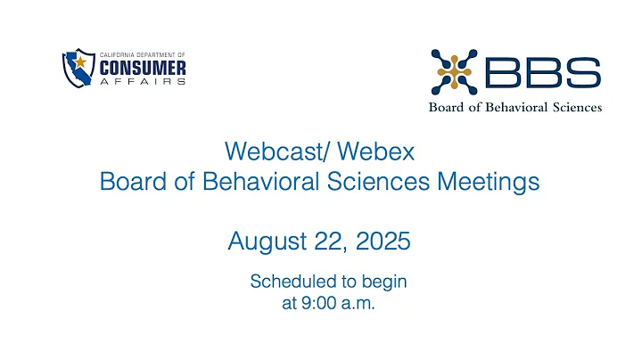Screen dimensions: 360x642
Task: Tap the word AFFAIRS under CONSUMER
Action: tap(142, 81)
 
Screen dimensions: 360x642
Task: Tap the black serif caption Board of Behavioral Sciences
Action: tap(515, 108)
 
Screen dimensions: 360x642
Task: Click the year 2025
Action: tap(384, 241)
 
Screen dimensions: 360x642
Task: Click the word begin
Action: tap(383, 282)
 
